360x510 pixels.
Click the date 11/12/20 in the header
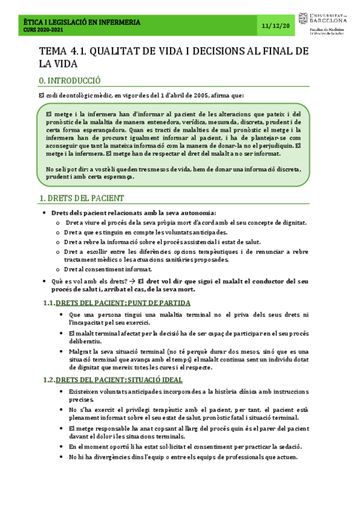click(x=276, y=26)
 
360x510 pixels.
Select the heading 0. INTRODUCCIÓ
click(x=69, y=80)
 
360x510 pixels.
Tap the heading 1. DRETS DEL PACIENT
click(x=81, y=198)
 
